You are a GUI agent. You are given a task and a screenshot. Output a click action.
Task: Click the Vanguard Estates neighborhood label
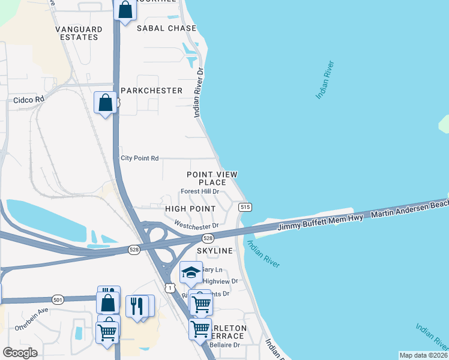(76, 33)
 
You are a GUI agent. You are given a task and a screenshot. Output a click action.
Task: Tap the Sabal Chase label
(166, 28)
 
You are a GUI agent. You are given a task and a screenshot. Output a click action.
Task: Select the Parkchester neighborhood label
(151, 90)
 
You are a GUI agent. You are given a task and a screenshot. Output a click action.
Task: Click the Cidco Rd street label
(29, 100)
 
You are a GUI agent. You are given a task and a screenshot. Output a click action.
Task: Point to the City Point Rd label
(139, 158)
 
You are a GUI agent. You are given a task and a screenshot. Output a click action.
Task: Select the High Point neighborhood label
(190, 208)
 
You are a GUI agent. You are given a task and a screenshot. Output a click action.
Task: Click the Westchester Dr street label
(196, 226)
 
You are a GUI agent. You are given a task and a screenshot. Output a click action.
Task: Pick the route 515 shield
(244, 207)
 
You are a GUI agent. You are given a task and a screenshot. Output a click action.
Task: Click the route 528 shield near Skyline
(208, 238)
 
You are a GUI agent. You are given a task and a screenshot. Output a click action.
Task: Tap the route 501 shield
(58, 299)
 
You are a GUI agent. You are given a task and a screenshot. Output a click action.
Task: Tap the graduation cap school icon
(191, 273)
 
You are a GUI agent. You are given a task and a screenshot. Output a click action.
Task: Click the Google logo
(20, 353)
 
